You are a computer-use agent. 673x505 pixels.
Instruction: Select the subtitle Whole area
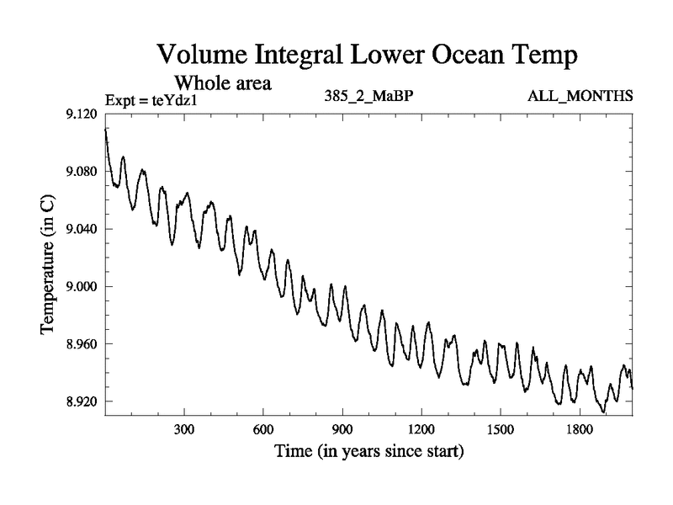222,83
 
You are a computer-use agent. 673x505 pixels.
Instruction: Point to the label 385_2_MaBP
368,97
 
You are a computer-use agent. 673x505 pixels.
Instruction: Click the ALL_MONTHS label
580,97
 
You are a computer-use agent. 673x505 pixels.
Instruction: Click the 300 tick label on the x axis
184,429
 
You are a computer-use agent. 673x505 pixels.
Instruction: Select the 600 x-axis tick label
263,429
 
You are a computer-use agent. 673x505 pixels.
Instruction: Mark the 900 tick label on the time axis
342,429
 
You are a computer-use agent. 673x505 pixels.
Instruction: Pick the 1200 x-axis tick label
421,429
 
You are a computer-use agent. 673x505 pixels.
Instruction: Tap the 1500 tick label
501,429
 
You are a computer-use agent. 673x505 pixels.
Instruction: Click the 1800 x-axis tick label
580,429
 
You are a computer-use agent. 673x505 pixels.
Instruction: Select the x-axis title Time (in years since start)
368,452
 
